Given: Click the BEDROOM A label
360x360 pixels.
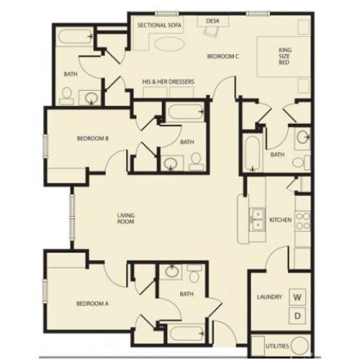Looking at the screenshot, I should coord(92,304).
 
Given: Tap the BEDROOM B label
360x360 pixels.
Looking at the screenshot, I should coord(92,139).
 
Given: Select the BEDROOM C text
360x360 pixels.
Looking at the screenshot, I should coord(222,55).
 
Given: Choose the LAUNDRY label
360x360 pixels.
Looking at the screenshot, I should coord(268,297).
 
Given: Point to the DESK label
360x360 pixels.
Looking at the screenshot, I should coord(212,22).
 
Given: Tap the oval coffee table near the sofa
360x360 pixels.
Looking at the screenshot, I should coord(170,45).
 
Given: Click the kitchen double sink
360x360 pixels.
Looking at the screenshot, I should coord(256,219).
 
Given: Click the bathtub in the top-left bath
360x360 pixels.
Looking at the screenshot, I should coord(73,37).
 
